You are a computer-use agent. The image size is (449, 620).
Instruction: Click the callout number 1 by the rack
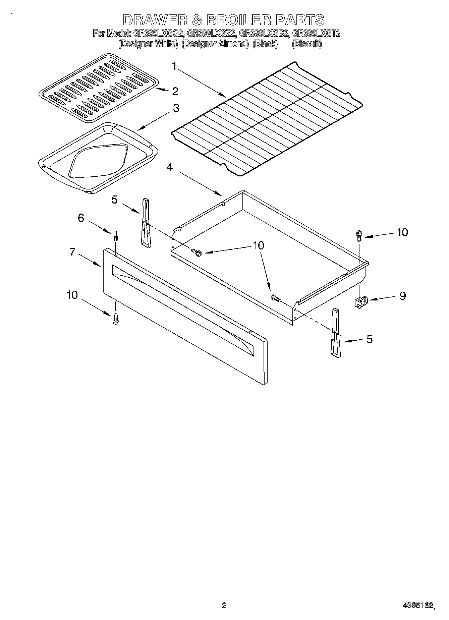click(174, 66)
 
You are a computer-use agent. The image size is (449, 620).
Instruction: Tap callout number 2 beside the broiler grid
click(175, 91)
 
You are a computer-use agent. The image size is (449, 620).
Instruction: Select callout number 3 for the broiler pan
click(176, 108)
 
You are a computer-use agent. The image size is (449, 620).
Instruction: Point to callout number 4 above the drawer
click(170, 167)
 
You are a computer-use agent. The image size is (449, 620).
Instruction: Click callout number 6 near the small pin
click(81, 218)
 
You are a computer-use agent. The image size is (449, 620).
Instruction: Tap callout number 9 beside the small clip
click(402, 296)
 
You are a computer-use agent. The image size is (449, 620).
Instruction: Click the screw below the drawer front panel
click(116, 318)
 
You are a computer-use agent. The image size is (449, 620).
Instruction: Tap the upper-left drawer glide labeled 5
click(146, 223)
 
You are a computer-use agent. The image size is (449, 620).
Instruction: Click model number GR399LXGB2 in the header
click(264, 33)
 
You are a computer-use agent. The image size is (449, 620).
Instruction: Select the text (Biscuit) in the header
click(306, 44)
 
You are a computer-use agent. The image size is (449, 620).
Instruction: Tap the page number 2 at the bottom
click(224, 605)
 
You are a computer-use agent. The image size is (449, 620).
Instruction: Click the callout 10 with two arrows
click(258, 245)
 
